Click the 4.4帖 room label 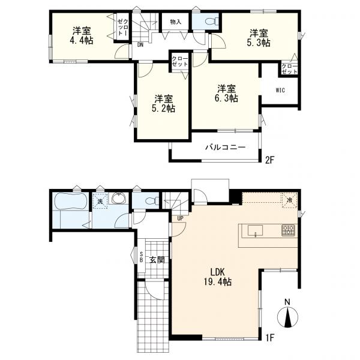[82, 35]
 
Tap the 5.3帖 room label [259, 38]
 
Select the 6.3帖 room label [226, 93]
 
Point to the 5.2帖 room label [163, 104]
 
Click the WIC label [280, 90]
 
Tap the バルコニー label [226, 147]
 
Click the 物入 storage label [176, 22]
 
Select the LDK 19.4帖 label [217, 277]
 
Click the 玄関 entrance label [157, 260]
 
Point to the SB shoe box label [142, 257]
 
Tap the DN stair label [140, 45]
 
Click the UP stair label [180, 218]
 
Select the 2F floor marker [270, 160]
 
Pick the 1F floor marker [270, 338]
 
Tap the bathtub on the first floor [71, 201]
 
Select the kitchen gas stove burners [288, 230]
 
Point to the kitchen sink [255, 230]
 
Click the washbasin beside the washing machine [119, 198]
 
